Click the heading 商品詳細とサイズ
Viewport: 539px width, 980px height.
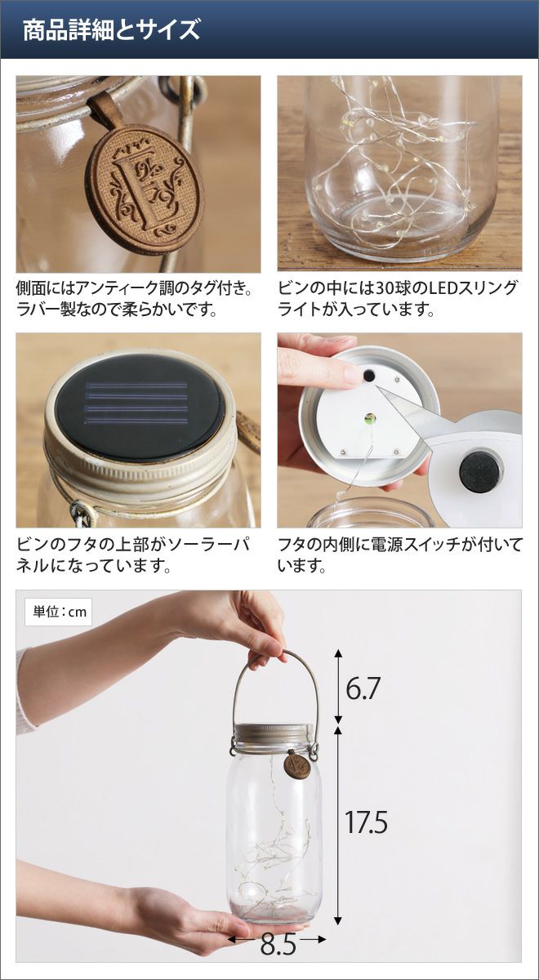(111, 30)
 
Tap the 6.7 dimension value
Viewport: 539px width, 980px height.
(361, 688)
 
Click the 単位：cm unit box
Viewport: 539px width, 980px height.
(58, 612)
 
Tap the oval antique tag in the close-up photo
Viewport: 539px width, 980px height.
(145, 188)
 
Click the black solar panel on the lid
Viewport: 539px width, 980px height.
(139, 406)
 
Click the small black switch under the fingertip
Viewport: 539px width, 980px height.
(369, 376)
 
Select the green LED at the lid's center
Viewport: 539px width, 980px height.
(370, 419)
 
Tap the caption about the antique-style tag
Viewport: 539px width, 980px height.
(134, 299)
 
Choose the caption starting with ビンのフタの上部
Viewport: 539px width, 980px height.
(133, 555)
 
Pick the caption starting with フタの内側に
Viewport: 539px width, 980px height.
(400, 555)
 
